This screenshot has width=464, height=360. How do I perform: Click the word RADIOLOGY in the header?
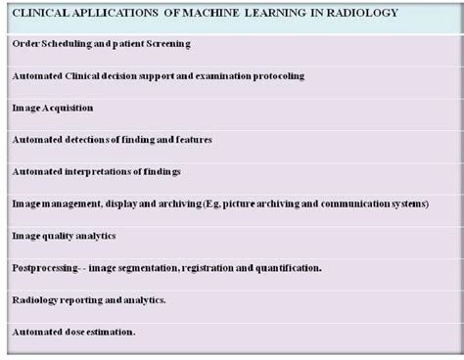(364, 13)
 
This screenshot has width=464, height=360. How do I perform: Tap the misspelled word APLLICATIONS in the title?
(96, 13)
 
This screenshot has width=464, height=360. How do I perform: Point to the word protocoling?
(275, 75)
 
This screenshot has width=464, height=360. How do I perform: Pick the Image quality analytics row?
(64, 236)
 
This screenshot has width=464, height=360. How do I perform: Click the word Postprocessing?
(46, 268)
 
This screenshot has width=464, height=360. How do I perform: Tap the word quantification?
(289, 268)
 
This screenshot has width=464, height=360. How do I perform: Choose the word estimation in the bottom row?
(114, 333)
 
